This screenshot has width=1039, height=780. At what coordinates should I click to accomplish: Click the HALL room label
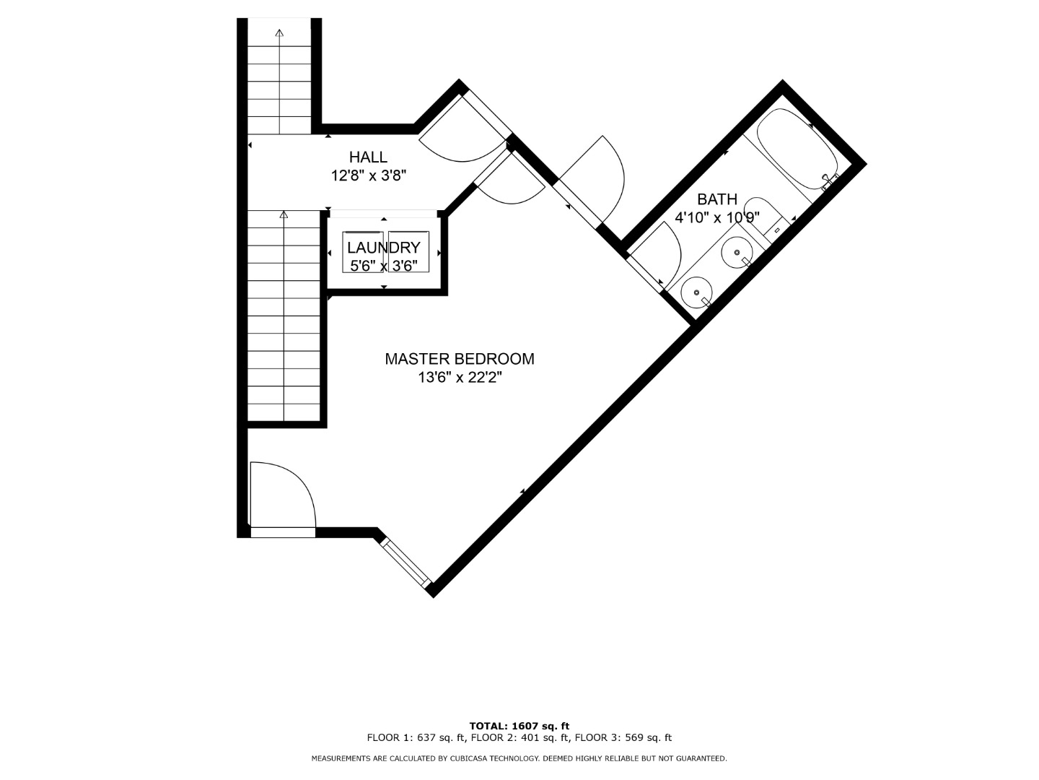pos(368,157)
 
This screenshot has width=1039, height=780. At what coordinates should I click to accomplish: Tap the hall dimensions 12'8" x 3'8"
pos(369,176)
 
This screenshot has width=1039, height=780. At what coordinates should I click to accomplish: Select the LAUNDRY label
pos(384,248)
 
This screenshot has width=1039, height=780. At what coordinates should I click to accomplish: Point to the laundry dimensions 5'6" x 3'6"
pos(384,266)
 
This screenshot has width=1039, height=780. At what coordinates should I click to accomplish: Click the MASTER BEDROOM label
pos(460,359)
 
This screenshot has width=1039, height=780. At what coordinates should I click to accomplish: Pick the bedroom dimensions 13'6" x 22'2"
pos(460,378)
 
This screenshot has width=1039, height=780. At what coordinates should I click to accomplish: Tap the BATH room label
pos(717,199)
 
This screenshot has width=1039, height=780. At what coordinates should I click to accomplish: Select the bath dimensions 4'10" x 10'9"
pos(717,218)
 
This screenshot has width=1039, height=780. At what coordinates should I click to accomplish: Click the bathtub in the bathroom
pos(797,149)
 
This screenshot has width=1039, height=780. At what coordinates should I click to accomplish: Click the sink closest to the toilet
pos(737,253)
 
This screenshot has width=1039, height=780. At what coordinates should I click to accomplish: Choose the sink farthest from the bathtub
pos(697,292)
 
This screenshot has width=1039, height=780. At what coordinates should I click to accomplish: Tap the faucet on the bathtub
pos(829,181)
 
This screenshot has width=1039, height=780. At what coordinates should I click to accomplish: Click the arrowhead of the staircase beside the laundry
pos(284,214)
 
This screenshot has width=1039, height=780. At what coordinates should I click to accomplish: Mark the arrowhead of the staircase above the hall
pos(280,33)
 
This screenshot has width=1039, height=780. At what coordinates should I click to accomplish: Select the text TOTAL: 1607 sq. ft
pos(519,726)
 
